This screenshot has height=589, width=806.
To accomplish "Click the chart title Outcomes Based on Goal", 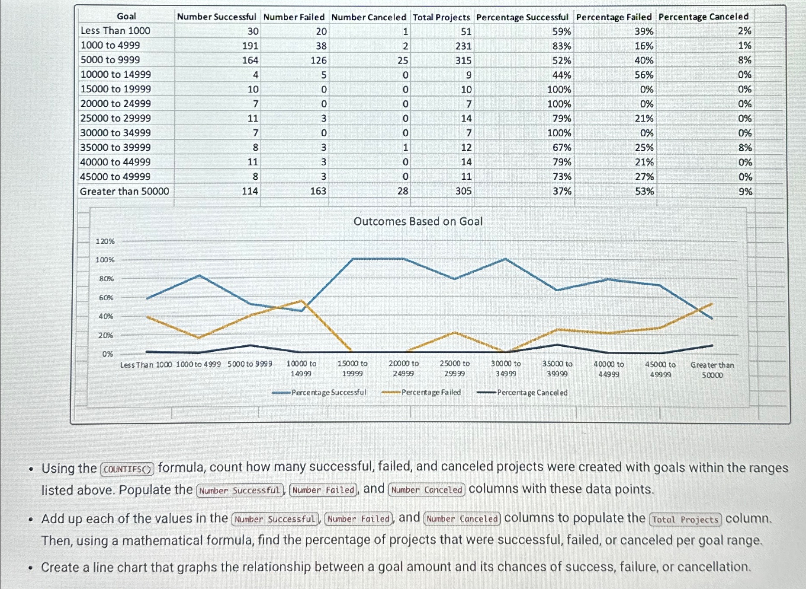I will click(x=418, y=221).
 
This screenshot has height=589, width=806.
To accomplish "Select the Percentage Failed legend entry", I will click(x=431, y=392).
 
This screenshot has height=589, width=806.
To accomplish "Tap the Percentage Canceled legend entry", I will click(x=532, y=392).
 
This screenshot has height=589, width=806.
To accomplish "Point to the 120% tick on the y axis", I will click(x=105, y=241).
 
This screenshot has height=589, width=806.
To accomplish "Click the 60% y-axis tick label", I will click(x=106, y=298).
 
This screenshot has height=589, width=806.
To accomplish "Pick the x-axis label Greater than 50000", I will click(x=712, y=370).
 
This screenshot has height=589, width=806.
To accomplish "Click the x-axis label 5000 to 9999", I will click(x=250, y=364).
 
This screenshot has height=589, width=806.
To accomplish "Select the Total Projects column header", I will click(x=441, y=17).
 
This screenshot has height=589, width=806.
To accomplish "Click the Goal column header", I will click(x=126, y=16).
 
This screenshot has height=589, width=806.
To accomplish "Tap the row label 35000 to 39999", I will click(x=116, y=147).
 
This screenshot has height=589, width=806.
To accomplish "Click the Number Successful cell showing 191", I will click(x=250, y=46).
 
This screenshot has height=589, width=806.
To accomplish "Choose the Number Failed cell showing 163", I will click(x=318, y=191).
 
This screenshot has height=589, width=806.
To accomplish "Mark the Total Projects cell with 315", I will click(x=463, y=60).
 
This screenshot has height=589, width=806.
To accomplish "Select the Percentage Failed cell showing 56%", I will click(x=644, y=75).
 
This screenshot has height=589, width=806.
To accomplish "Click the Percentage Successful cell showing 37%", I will click(x=562, y=191).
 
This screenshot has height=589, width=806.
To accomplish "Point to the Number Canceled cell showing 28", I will click(x=402, y=191).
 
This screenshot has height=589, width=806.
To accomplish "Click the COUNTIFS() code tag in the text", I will click(x=127, y=469).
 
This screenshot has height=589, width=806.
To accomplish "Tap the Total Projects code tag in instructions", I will click(x=686, y=519).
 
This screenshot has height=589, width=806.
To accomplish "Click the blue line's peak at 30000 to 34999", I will click(x=506, y=259).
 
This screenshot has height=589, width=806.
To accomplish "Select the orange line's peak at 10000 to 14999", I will click(x=302, y=301).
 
